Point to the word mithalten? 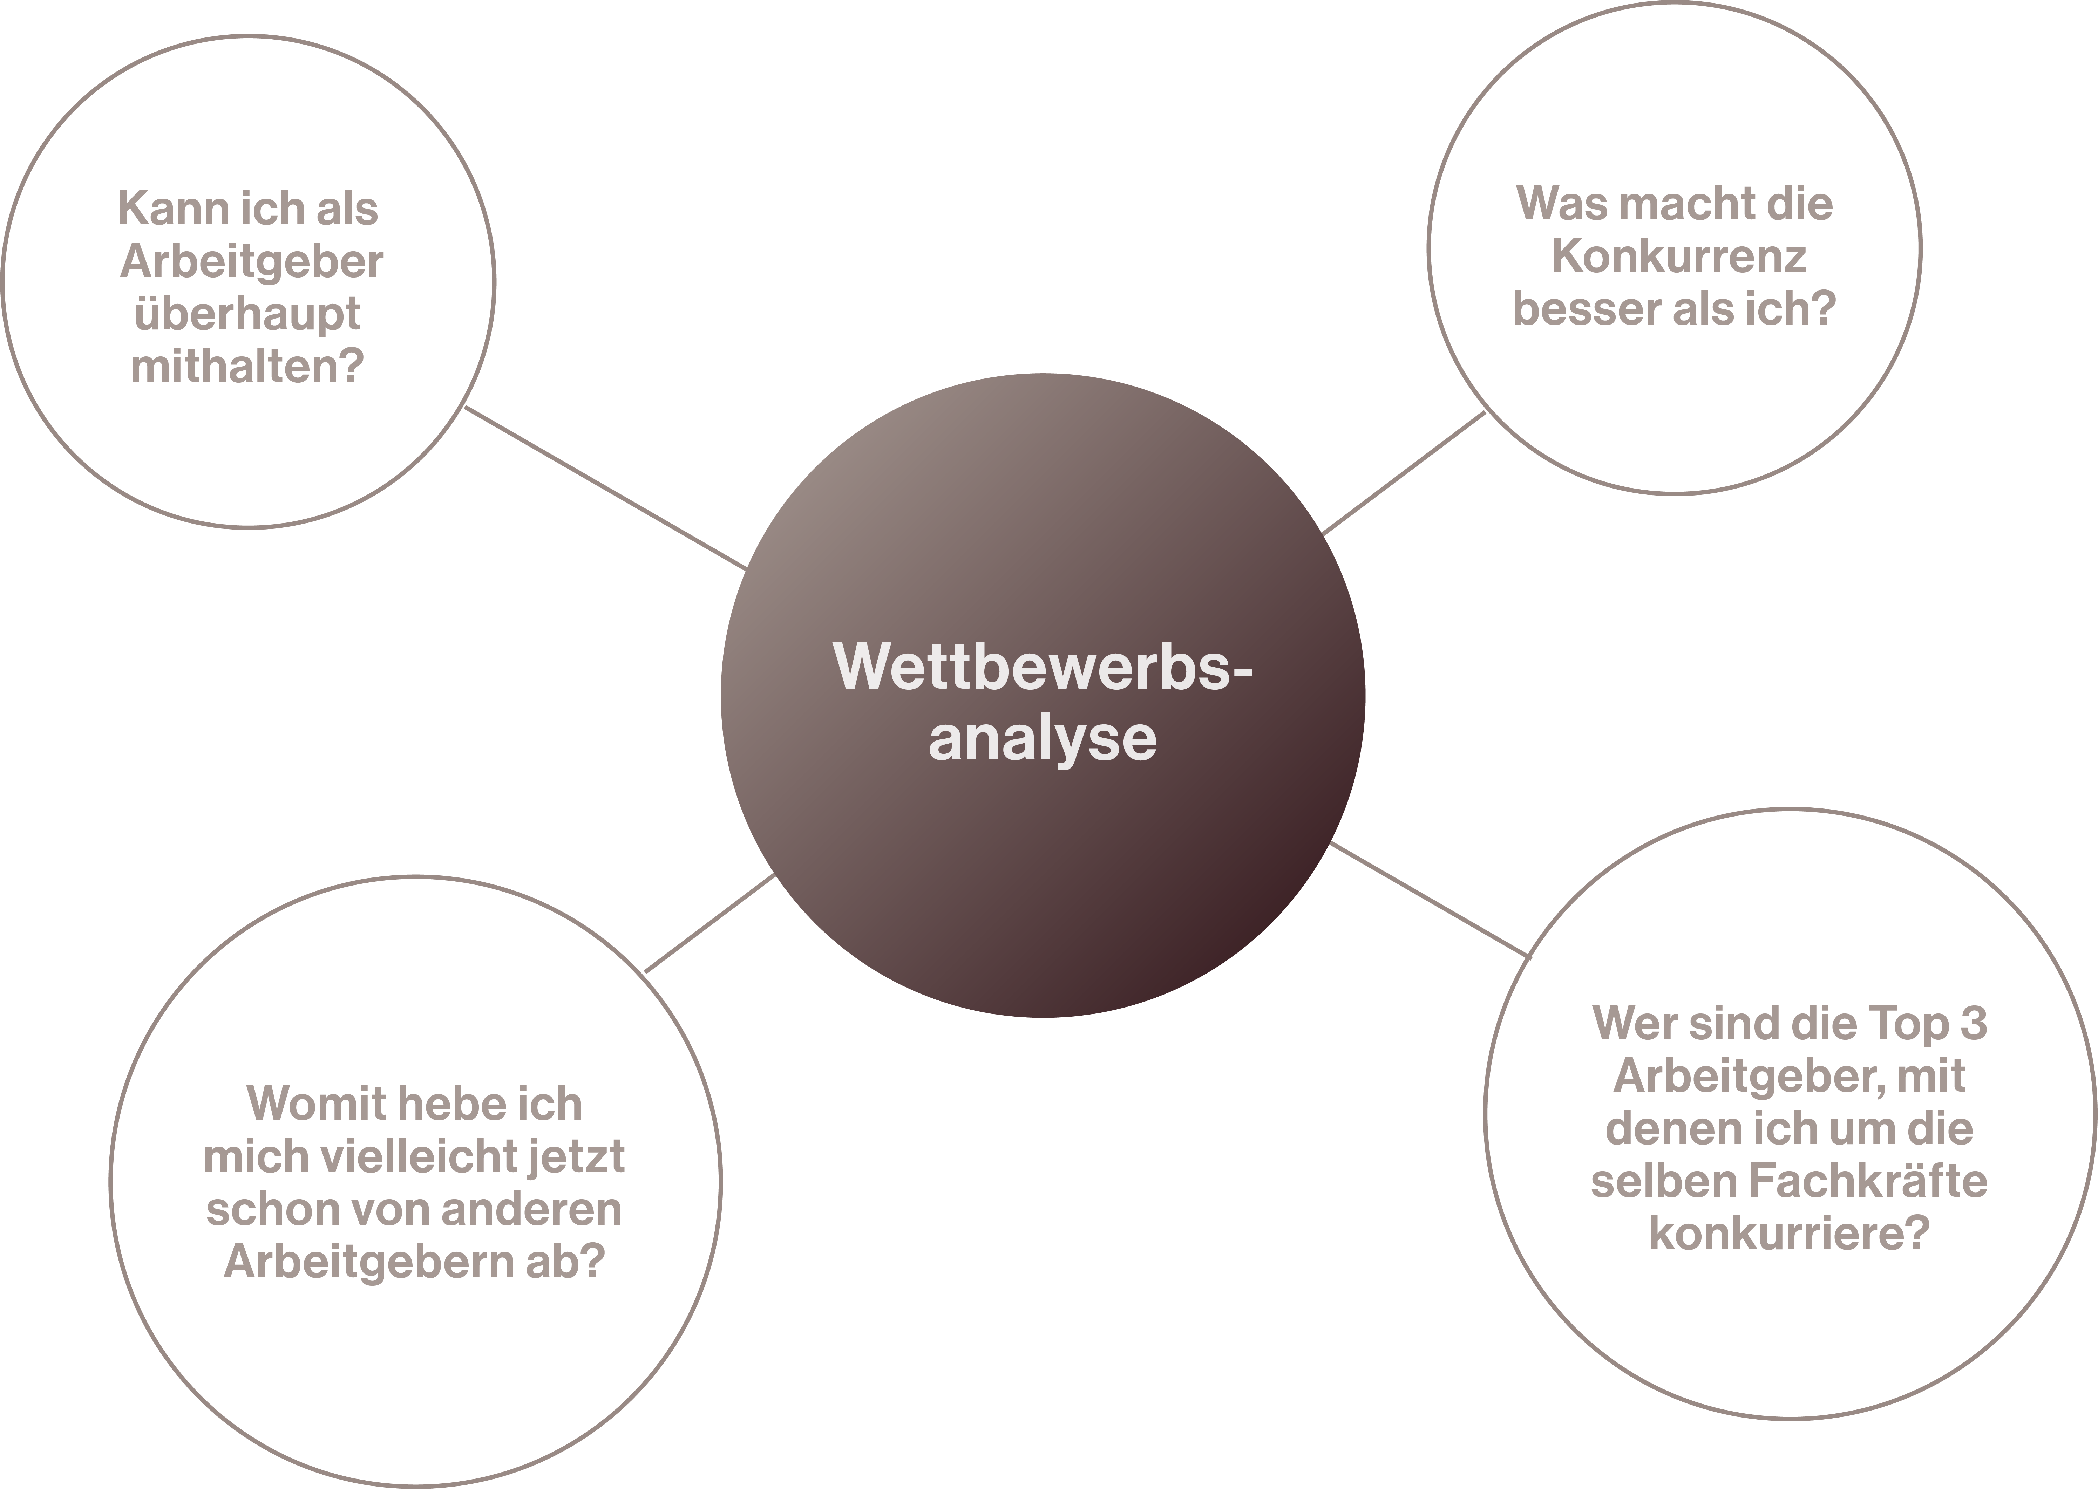tap(247, 367)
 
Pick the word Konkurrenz tap(1678, 257)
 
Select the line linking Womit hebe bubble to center tap(711, 922)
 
